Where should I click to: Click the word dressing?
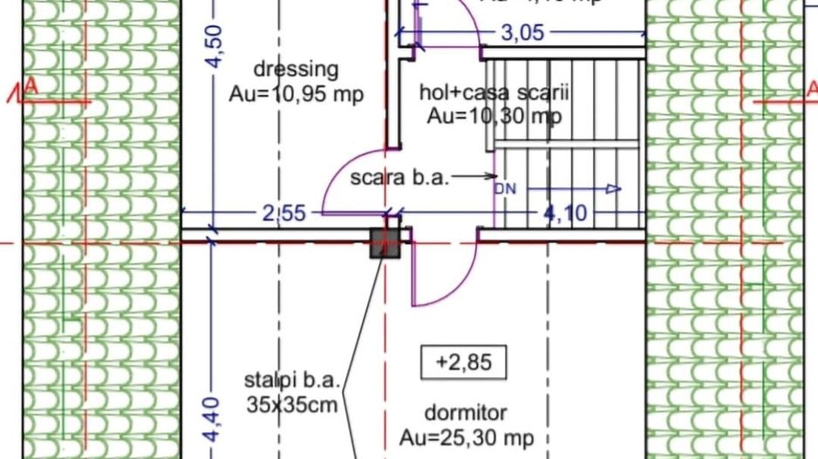(x=295, y=69)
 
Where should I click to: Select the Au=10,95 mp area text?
(x=297, y=94)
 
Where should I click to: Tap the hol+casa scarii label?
(x=495, y=93)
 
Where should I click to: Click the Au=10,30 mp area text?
(x=494, y=116)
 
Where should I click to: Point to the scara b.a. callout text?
(x=399, y=178)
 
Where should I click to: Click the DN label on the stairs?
(x=505, y=188)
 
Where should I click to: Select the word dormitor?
(x=466, y=412)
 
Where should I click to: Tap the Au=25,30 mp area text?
(x=467, y=437)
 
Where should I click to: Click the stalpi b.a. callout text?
(x=291, y=381)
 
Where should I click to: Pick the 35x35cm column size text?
(x=291, y=404)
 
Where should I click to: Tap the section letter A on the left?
(x=31, y=87)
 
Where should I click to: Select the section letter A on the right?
(x=810, y=87)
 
